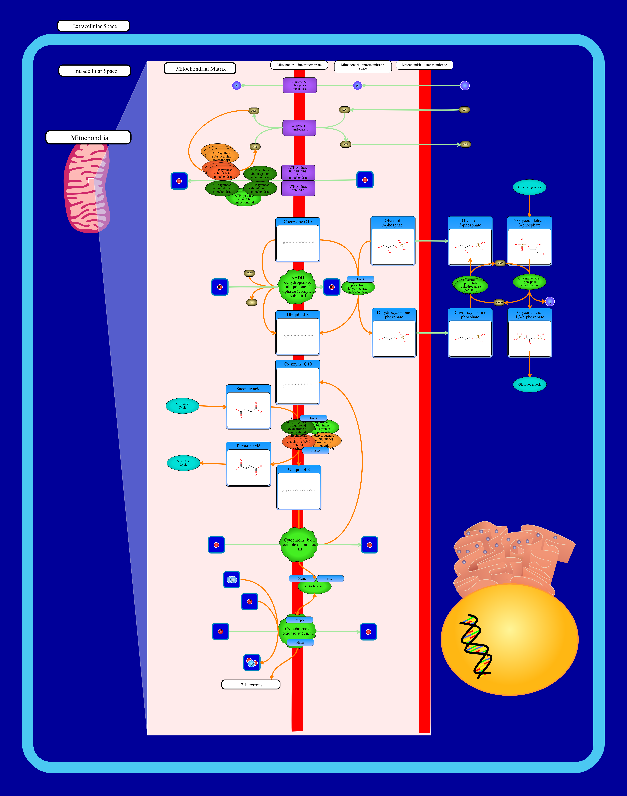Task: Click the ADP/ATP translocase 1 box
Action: tap(299, 128)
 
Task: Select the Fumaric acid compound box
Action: tap(249, 464)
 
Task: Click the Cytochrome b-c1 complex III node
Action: tap(299, 545)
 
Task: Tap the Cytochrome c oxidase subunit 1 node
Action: tap(297, 631)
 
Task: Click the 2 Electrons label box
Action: tap(251, 685)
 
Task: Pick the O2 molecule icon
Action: tap(232, 580)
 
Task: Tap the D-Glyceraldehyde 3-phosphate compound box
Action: tap(529, 241)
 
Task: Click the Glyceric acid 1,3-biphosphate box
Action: tap(529, 333)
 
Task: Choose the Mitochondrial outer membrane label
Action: tap(424, 65)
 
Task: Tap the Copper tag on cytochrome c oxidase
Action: tap(299, 620)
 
